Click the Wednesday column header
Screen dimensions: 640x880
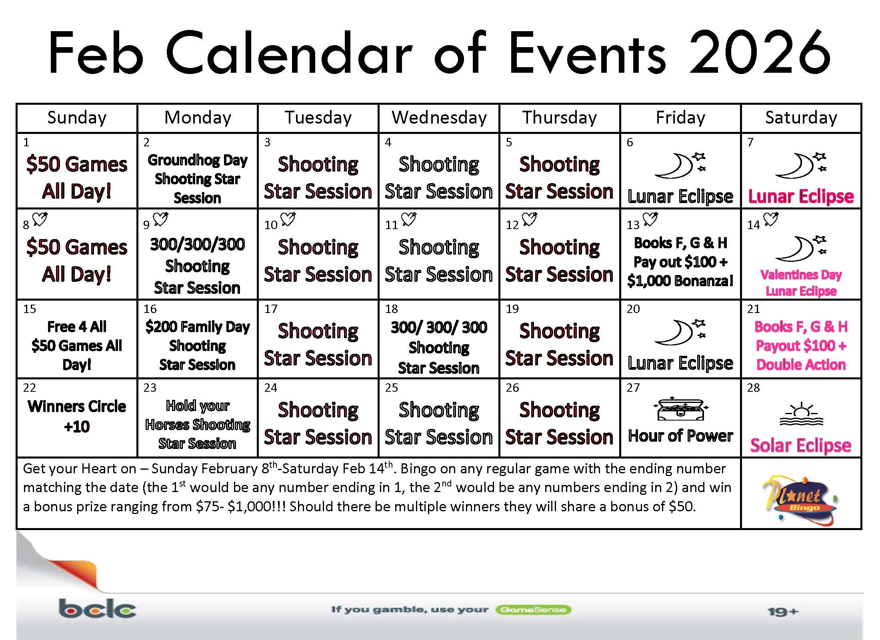439,118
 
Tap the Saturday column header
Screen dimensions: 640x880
801,118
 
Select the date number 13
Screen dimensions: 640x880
633,225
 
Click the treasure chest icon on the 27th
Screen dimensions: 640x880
680,409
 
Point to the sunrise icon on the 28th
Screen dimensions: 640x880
801,415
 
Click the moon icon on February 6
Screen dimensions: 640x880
680,165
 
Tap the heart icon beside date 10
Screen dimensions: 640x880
288,219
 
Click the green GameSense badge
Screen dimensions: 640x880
533,610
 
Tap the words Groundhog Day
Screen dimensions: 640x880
197,160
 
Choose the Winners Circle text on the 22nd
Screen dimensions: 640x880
77,407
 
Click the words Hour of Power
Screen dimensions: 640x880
680,436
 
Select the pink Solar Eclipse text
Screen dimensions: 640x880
801,445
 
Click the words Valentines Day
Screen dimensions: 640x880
801,275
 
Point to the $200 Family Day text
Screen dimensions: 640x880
197,327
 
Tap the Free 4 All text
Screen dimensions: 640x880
77,327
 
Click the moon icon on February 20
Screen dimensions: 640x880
680,332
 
